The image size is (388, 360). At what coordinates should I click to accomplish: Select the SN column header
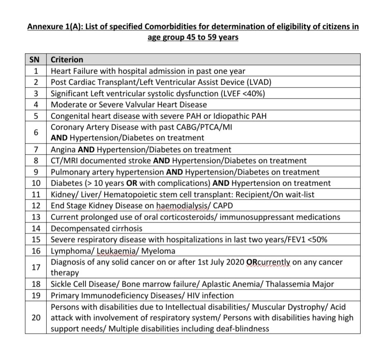36,59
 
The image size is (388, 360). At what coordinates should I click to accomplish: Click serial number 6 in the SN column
36,133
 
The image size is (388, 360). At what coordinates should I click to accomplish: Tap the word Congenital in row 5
70,116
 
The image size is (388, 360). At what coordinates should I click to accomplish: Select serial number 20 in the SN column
36,317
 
